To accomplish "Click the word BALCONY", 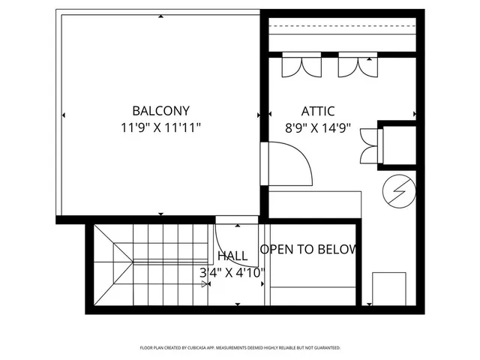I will (160, 110).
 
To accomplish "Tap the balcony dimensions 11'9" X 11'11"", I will (160, 127).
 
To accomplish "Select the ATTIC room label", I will (318, 110).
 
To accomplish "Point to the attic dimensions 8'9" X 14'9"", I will (318, 127).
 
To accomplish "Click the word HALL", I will (232, 256).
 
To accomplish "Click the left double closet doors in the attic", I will (293, 67).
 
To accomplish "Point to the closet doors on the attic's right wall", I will (370, 145).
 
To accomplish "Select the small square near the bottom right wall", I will (388, 287).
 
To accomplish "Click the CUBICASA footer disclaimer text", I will (240, 348).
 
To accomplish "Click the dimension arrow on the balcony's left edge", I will (63, 115).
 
